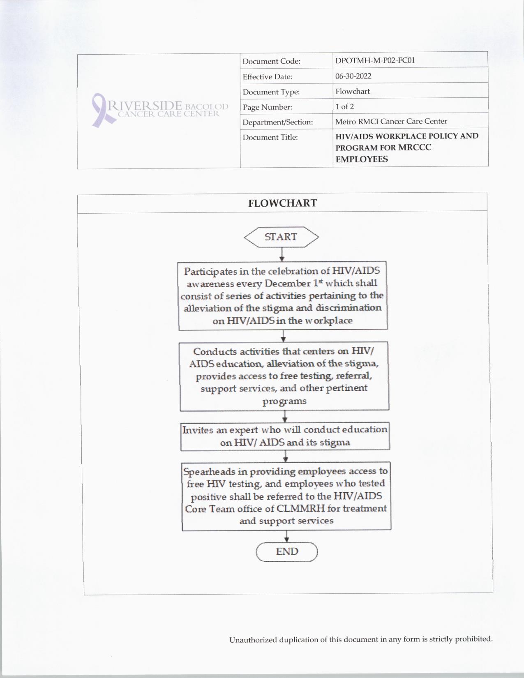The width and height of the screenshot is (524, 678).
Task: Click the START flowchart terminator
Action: coord(281,237)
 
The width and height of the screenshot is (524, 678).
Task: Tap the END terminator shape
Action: coord(287,551)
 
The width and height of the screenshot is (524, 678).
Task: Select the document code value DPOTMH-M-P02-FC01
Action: coord(375,60)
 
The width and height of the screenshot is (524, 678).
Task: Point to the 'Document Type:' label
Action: coord(271,92)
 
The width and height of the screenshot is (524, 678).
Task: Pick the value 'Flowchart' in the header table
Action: coord(352,91)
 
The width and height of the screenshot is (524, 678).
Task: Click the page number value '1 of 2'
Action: coord(344,106)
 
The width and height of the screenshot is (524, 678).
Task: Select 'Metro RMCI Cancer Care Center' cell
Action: coord(391,121)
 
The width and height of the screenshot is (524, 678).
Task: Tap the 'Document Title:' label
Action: coord(270,137)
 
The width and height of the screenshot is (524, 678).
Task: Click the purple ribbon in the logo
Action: coord(99,109)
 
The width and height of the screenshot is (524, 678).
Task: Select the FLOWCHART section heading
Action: coord(282,203)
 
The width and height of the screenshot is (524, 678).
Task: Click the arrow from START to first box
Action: coord(282,254)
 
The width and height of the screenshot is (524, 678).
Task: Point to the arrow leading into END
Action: coord(286,536)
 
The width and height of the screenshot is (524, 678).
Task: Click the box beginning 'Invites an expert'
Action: coord(285,436)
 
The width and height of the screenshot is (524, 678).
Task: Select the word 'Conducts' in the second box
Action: coord(214,352)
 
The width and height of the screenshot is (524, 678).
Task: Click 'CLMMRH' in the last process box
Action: coord(301,509)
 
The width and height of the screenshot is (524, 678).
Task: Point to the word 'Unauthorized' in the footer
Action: coord(253,640)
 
